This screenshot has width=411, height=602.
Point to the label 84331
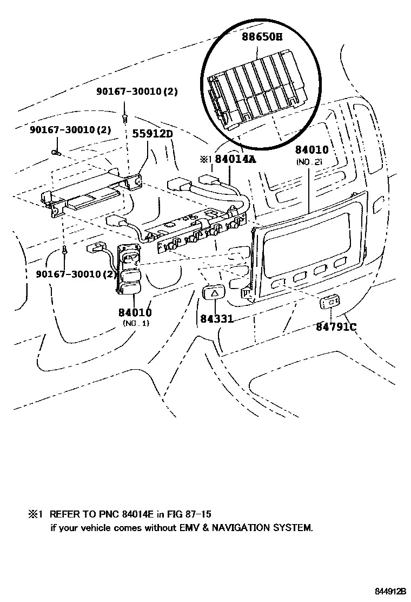pos(216,319)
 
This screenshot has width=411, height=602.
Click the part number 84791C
pos(336,326)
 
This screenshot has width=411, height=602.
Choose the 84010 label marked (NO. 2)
pos(312,150)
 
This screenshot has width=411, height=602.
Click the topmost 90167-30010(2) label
pos(137,92)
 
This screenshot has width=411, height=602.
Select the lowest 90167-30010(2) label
pos(77,274)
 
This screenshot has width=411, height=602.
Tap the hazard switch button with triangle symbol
pos(214,293)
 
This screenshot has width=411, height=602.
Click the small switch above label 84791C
pos(329,303)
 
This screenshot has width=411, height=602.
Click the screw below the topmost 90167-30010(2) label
pos(125,116)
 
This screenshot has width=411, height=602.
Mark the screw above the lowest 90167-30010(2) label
pos(65,250)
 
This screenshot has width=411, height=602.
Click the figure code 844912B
pos(390,591)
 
